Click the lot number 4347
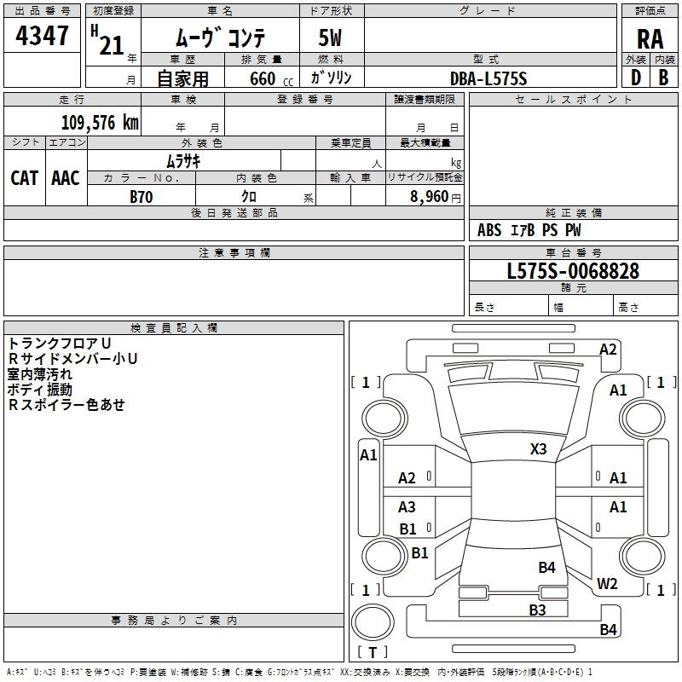pos(42,37)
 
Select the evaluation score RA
pos(650,38)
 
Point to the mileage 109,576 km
pos(100,123)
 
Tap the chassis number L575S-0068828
pos(573,271)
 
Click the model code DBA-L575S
pos(489,78)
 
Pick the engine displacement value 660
pos(263,78)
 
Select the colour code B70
pos(141,196)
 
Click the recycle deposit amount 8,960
pos(430,196)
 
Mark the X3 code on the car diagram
pos(539,448)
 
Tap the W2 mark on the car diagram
pos(607,583)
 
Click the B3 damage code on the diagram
pos(537,610)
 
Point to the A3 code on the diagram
pos(407,507)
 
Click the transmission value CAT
pos(24,177)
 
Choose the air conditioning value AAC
pos(66,177)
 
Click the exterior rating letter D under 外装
pos(635,78)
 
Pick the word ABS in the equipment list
pos(489,230)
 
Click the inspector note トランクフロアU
pos(60,344)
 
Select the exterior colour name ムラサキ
pos(182,160)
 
